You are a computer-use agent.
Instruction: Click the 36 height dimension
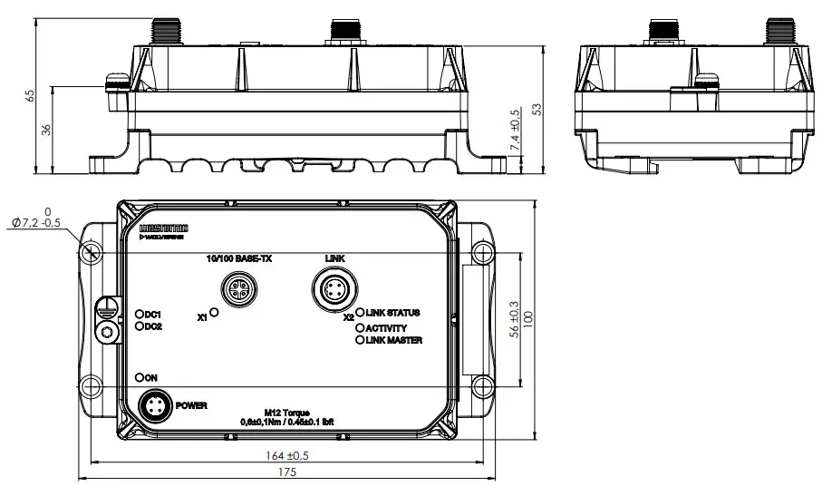click(x=47, y=130)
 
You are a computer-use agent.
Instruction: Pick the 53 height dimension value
click(x=537, y=108)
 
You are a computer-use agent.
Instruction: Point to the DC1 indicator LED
click(x=140, y=314)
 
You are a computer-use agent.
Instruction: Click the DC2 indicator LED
click(x=140, y=326)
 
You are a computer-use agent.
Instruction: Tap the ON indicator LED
click(x=140, y=376)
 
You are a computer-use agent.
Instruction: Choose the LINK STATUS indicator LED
click(x=360, y=313)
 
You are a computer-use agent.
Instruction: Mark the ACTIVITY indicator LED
click(x=360, y=327)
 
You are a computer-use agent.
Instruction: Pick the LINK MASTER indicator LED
click(x=360, y=340)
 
